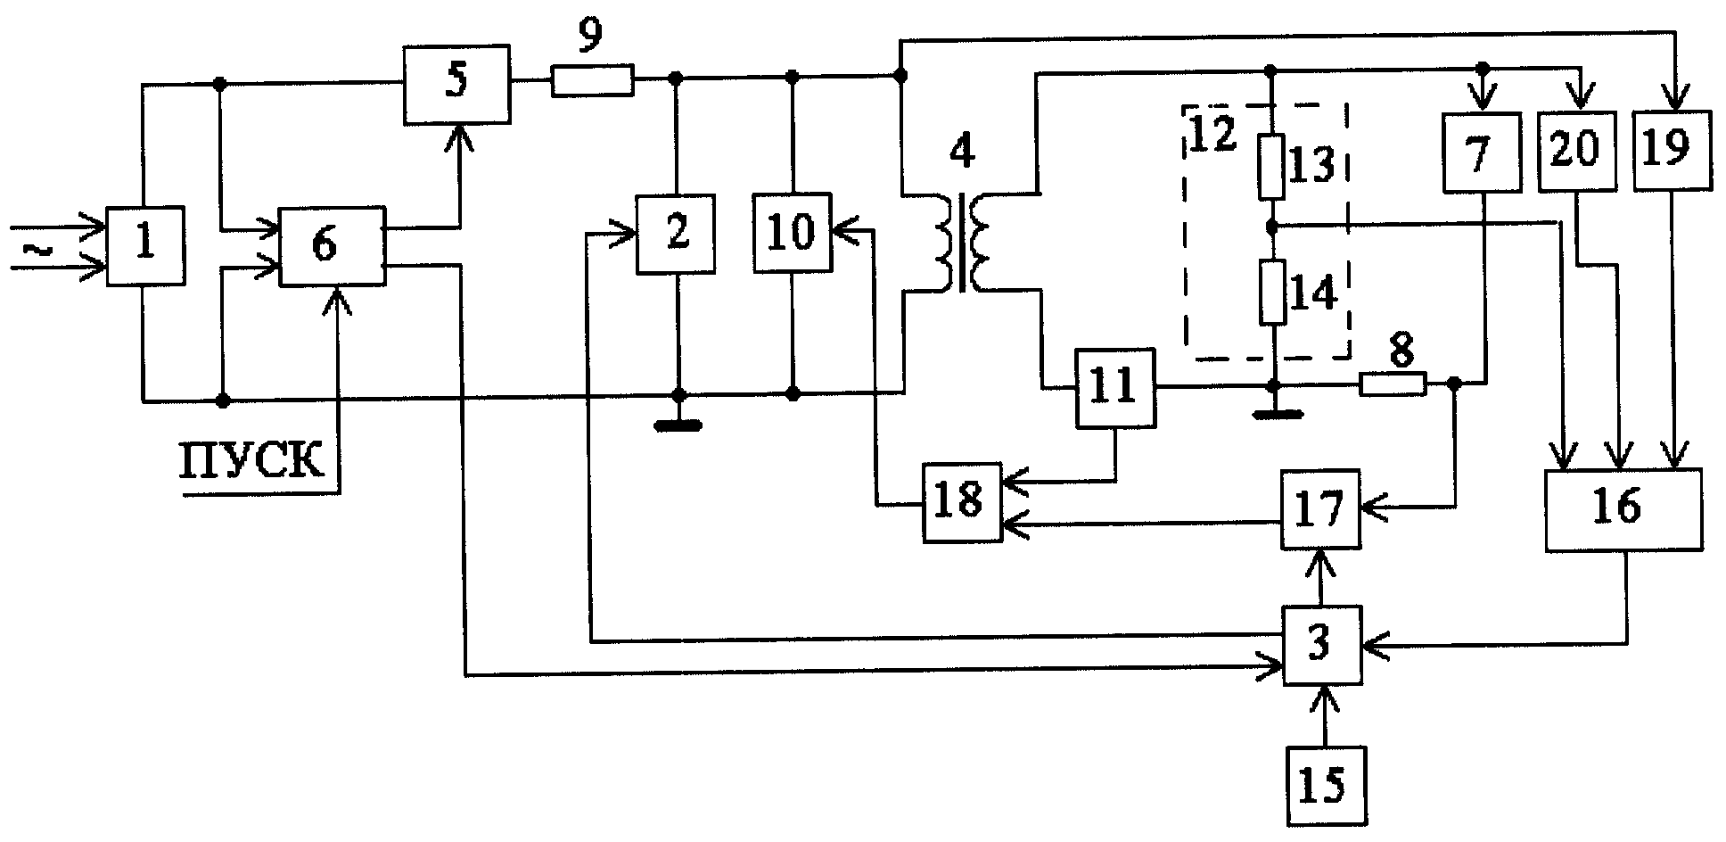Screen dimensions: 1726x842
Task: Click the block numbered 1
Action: [x=145, y=246]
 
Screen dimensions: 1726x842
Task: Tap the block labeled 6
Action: [x=333, y=246]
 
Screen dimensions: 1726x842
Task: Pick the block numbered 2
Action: [x=676, y=234]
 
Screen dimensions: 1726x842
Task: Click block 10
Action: [x=793, y=233]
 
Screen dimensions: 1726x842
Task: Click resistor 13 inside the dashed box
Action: [x=1271, y=166]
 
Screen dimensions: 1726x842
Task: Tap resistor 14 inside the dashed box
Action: [x=1273, y=292]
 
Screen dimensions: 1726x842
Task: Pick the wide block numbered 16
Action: [x=1623, y=508]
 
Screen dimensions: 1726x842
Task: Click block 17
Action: [x=1321, y=508]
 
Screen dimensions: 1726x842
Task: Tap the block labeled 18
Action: [x=962, y=501]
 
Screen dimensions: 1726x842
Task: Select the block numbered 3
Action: [x=1322, y=646]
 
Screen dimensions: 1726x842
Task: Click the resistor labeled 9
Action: [x=593, y=80]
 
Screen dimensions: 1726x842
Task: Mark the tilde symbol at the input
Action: [x=35, y=252]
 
